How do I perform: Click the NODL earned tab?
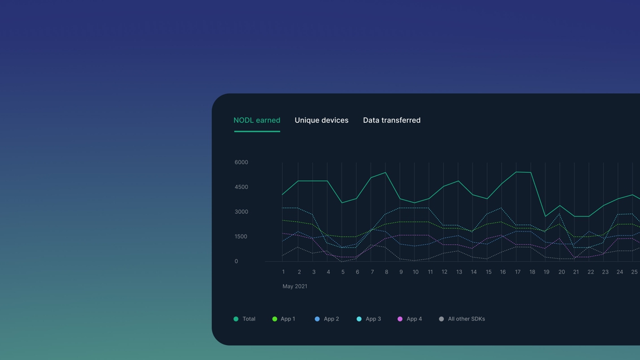(x=257, y=121)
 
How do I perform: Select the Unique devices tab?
(x=322, y=121)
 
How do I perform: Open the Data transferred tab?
(x=391, y=121)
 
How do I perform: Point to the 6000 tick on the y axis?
(x=241, y=162)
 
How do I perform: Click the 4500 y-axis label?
(x=241, y=187)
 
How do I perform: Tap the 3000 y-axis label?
(x=241, y=212)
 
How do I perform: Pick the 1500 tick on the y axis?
(x=241, y=237)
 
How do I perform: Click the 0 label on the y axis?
(x=236, y=261)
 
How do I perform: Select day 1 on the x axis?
(x=283, y=272)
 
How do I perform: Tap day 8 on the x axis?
(x=387, y=272)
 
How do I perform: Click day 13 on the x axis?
(x=459, y=272)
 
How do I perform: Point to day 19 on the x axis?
(x=546, y=272)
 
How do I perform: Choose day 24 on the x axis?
(x=620, y=272)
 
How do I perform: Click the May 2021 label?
(x=295, y=286)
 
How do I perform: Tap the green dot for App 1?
(x=275, y=319)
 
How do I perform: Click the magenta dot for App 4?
(x=400, y=319)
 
